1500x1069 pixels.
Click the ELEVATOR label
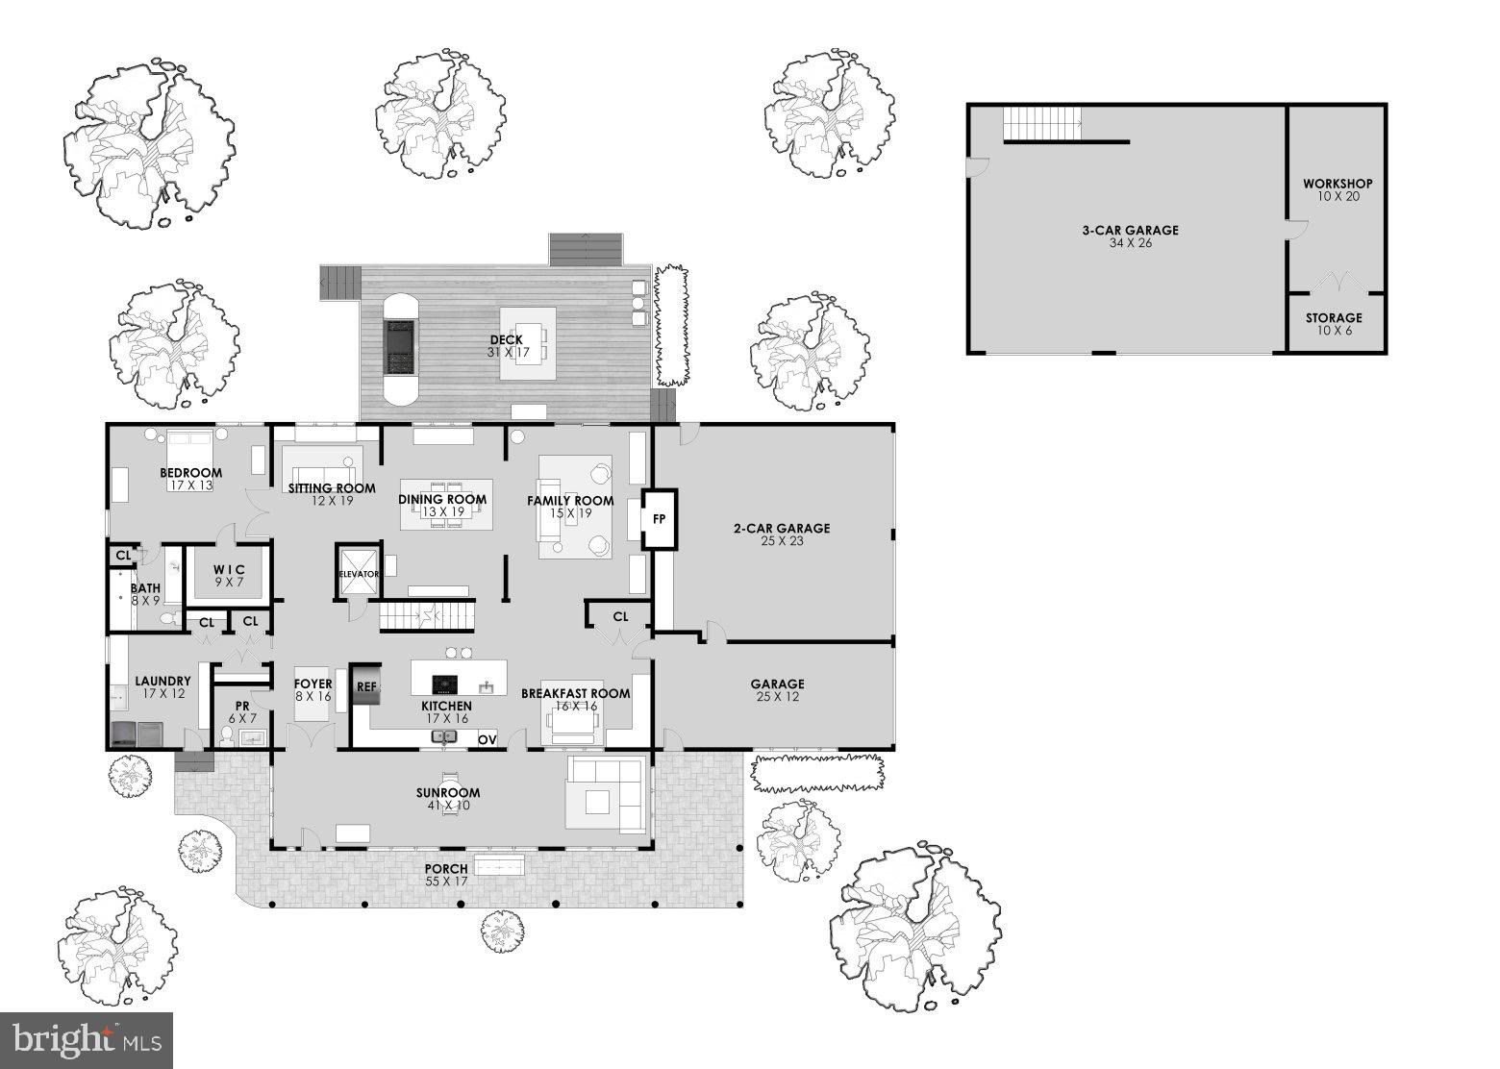[359, 574]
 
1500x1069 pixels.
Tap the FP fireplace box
[660, 519]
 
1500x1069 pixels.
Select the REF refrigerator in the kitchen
[366, 686]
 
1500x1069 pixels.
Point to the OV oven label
[487, 739]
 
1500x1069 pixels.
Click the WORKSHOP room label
[1337, 184]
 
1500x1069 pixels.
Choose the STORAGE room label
[1334, 318]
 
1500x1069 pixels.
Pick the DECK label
[506, 339]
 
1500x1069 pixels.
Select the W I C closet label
[229, 570]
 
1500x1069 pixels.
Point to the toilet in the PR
[226, 737]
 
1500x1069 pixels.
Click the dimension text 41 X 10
[448, 806]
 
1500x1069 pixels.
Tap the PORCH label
[447, 869]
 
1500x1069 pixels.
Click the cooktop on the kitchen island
[444, 684]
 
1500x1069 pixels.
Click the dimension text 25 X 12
[778, 697]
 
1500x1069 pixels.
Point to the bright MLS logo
[87, 1040]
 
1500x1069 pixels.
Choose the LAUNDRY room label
[162, 681]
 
